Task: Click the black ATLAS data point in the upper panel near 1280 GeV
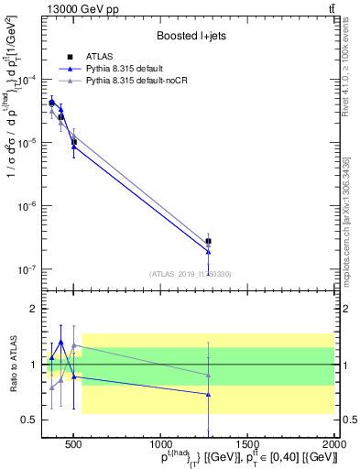click(x=208, y=241)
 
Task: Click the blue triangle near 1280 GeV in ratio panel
click(x=208, y=395)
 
